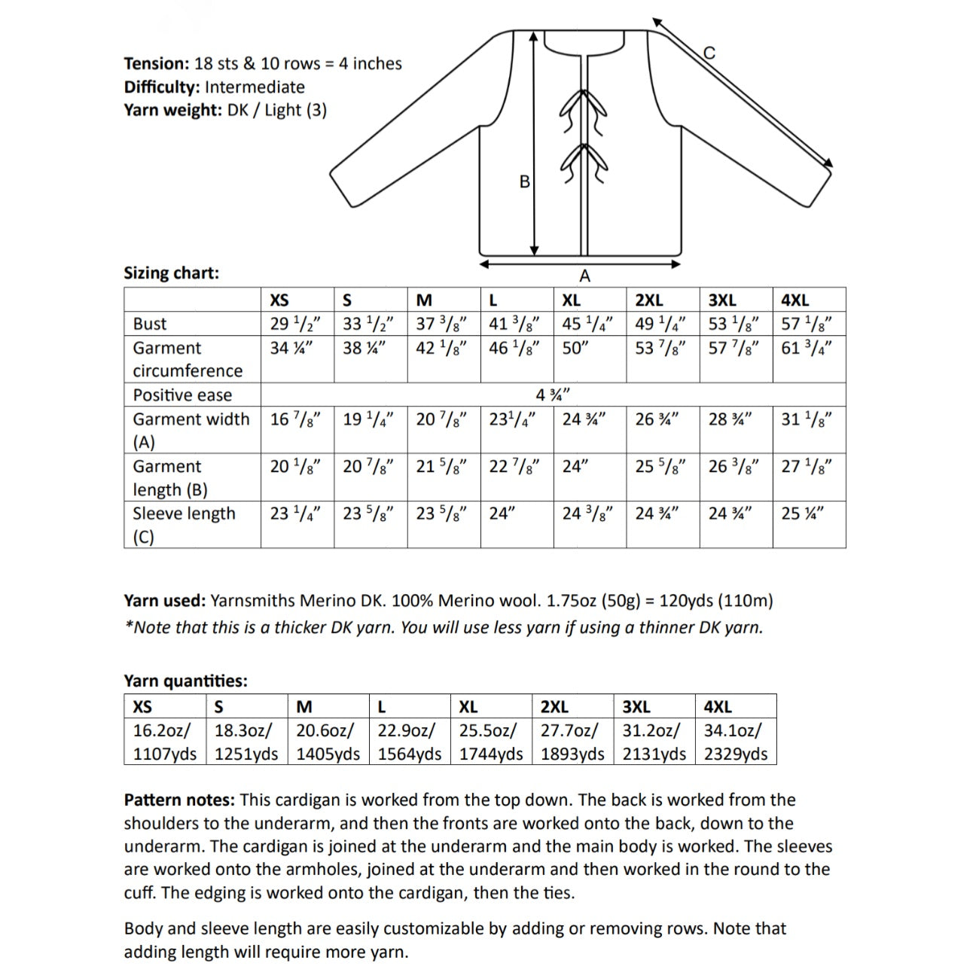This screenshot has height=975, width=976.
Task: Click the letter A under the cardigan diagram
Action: pos(585,276)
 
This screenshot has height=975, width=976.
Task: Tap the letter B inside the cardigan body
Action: pos(525,181)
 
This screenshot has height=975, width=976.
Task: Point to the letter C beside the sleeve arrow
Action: pos(709,53)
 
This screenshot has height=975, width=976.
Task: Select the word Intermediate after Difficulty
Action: pos(255,87)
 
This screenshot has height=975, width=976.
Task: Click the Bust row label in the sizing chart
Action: pos(150,324)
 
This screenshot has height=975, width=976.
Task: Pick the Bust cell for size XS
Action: pos(296,324)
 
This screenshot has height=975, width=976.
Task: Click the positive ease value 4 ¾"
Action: pos(553,395)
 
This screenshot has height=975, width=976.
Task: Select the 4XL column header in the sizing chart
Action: pos(795,300)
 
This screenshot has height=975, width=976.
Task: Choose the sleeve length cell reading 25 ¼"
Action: pos(802,513)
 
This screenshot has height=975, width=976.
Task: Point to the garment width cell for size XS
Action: pos(296,419)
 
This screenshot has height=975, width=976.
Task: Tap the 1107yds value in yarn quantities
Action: pos(164,754)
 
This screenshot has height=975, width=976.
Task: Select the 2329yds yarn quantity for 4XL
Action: pos(735,754)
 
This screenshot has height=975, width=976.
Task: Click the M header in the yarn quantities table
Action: pos(304,707)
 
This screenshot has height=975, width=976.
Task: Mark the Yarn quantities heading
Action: pos(185,681)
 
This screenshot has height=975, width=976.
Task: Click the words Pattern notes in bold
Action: pos(179,800)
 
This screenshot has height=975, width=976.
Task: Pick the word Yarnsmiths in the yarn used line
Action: pos(252,601)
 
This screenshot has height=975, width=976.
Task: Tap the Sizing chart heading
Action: pos(171,273)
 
